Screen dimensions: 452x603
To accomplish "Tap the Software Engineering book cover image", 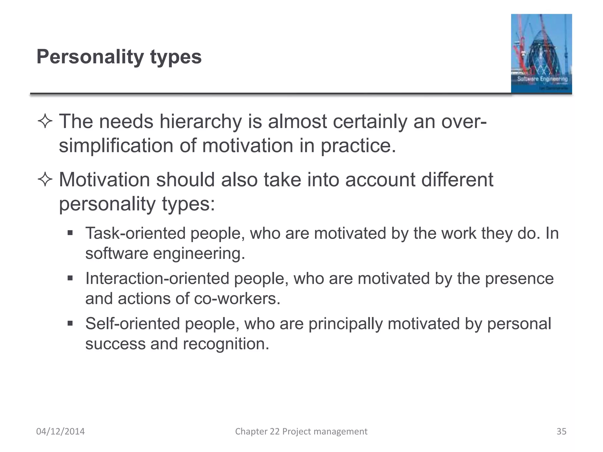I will pyautogui.click(x=541, y=54).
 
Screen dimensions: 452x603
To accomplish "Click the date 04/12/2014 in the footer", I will pyautogui.click(x=60, y=431).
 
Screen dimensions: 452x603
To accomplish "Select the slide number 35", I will pyautogui.click(x=561, y=431).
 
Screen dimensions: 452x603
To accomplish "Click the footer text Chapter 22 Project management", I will pyautogui.click(x=301, y=431).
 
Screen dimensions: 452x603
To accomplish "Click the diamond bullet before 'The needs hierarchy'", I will pyautogui.click(x=45, y=121).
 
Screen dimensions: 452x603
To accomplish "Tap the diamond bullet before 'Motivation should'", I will pyautogui.click(x=45, y=180).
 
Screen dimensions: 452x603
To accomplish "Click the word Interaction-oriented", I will pyautogui.click(x=157, y=278).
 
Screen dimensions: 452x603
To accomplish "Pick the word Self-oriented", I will pyautogui.click(x=132, y=324).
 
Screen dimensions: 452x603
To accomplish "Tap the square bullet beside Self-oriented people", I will pyautogui.click(x=70, y=324).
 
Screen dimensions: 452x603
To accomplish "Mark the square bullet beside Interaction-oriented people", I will pyautogui.click(x=70, y=278).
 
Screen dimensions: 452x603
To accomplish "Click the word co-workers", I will pyautogui.click(x=237, y=298).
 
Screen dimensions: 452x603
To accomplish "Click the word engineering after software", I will pyautogui.click(x=199, y=253).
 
